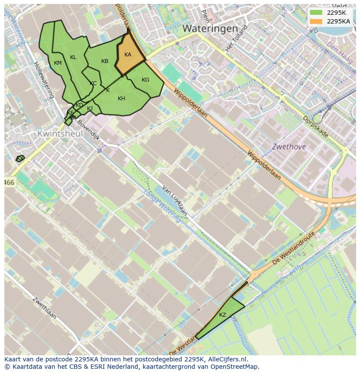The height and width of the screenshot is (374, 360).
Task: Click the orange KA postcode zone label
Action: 128,55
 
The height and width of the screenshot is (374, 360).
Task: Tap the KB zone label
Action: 105,61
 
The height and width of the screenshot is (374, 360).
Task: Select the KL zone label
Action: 73,57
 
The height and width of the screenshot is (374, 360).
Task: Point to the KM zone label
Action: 58,63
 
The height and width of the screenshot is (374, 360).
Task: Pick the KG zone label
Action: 145,80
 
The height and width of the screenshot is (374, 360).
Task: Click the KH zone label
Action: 121,99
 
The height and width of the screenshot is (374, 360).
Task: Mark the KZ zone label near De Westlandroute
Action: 223,315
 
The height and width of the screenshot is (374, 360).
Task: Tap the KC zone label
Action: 93,83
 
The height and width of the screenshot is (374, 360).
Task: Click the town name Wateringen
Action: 210,29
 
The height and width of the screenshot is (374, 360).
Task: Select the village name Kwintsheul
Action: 60,134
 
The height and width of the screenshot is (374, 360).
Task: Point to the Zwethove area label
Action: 289,147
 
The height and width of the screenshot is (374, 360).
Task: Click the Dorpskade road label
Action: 315,126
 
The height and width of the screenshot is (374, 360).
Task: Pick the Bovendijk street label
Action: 89,132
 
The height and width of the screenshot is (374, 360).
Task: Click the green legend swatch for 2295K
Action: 316,12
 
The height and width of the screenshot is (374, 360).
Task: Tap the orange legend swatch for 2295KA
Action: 316,21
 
